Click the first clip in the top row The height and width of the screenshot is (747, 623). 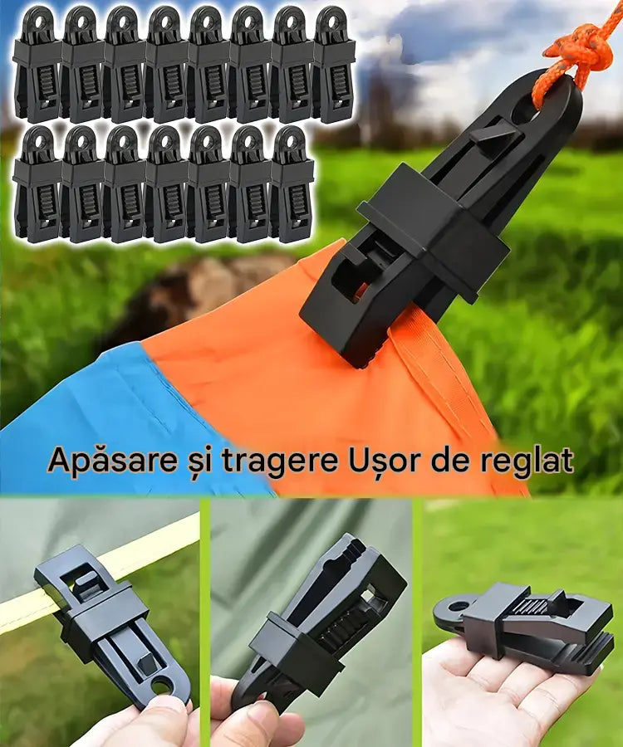tap(37, 64)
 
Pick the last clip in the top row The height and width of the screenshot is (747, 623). tap(334, 64)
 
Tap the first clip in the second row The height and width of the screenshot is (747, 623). tap(37, 184)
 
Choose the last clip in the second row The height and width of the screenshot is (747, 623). tap(292, 184)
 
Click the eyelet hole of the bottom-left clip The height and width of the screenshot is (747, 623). tap(162, 686)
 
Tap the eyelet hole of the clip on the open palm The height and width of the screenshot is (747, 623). tap(459, 607)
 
